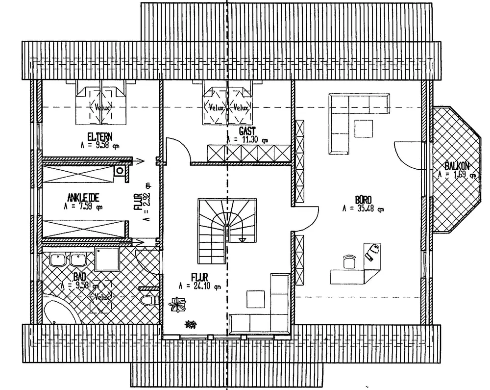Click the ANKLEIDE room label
coord(84,198)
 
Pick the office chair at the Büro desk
coord(348,261)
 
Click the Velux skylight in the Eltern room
coord(101,105)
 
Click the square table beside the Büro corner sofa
coord(364,129)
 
